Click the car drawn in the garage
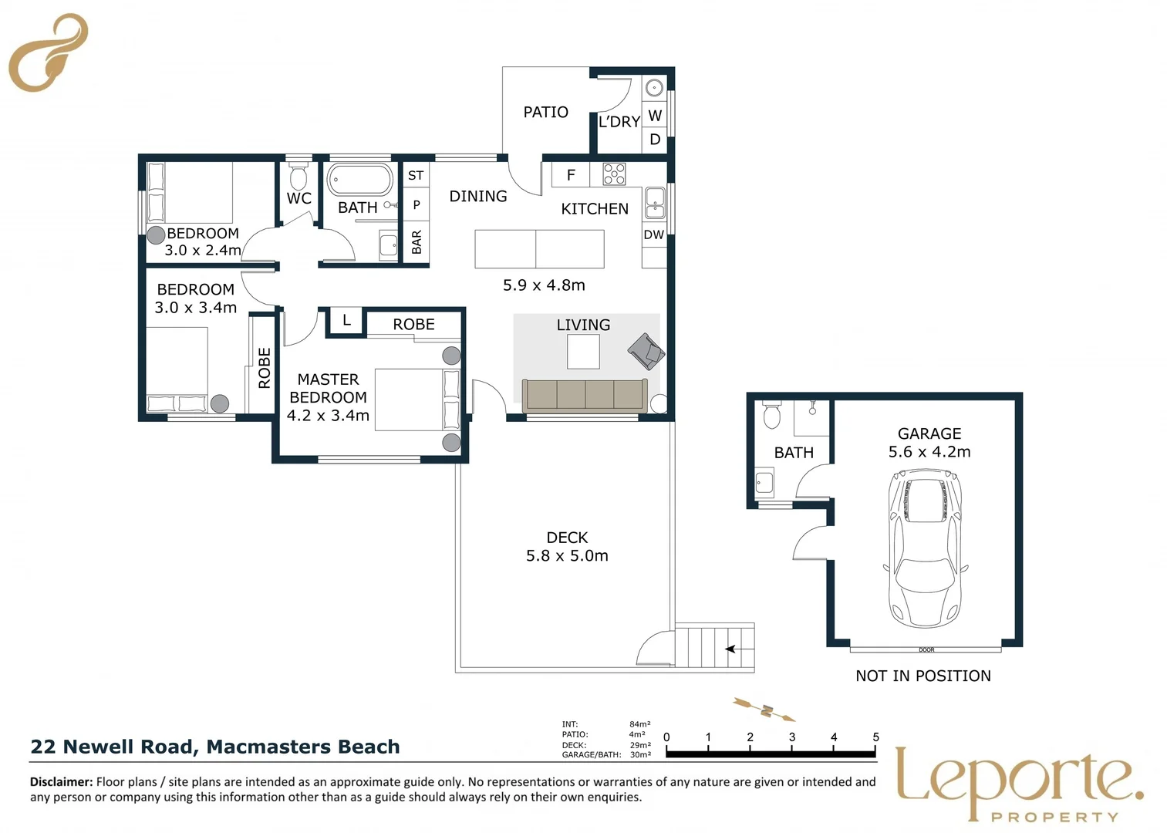pos(925,548)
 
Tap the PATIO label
pos(545,112)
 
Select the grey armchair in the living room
pos(646,351)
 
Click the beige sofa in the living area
pos(585,396)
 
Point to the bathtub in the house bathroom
pos(359,180)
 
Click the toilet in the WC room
pos(298,176)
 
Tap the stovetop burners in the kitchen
pos(614,174)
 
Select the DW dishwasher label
pos(654,235)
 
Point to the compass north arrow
pos(764,710)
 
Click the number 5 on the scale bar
pos(875,737)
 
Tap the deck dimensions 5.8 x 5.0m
pos(567,556)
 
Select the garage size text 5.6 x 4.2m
pos(929,452)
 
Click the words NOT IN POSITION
pos(923,676)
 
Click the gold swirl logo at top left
pos(48,52)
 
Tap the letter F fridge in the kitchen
pos(571,175)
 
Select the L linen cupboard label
pos(346,320)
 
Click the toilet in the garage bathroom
pos(771,415)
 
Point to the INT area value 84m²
pos(639,724)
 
